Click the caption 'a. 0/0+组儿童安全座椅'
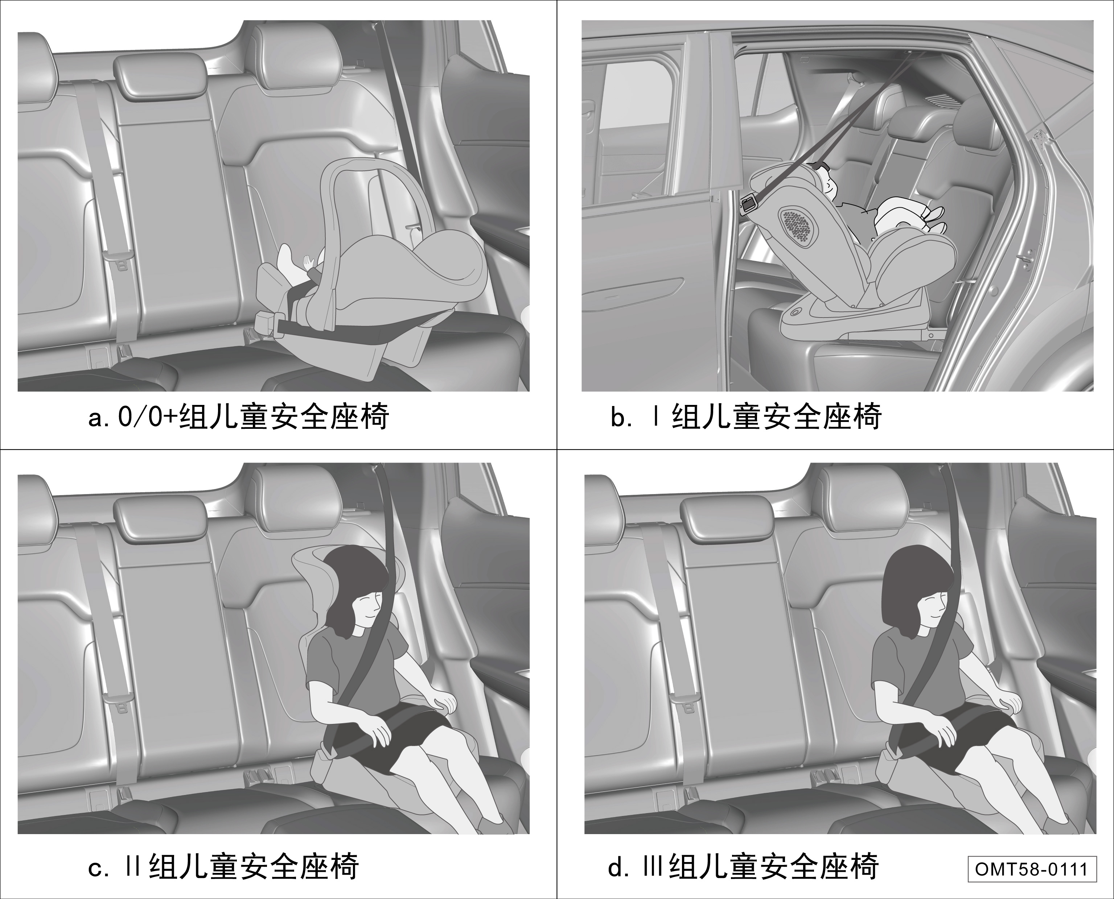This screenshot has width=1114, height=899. (239, 417)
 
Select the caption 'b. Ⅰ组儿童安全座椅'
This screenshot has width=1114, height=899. (746, 417)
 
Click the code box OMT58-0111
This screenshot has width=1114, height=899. (1032, 869)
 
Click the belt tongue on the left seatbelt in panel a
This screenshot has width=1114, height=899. (118, 258)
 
